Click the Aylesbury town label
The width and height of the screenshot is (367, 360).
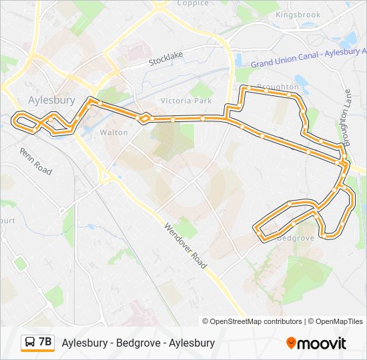pyautogui.click(x=51, y=100)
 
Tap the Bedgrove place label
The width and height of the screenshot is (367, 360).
pyautogui.click(x=294, y=237)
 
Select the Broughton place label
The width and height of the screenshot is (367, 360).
pyautogui.click(x=277, y=87)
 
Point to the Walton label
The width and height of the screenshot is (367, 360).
pyautogui.click(x=113, y=133)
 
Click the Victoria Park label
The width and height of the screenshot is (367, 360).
pyautogui.click(x=186, y=101)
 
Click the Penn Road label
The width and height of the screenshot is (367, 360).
pyautogui.click(x=36, y=162)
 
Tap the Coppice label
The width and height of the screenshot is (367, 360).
pyautogui.click(x=193, y=3)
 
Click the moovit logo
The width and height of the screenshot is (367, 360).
pyautogui.click(x=316, y=343)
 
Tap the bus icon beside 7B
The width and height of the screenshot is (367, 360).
pyautogui.click(x=30, y=343)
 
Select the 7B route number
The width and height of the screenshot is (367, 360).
pyautogui.click(x=45, y=343)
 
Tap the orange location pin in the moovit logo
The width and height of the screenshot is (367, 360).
pyautogui.click(x=291, y=343)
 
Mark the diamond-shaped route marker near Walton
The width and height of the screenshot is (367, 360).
pyautogui.click(x=143, y=118)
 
